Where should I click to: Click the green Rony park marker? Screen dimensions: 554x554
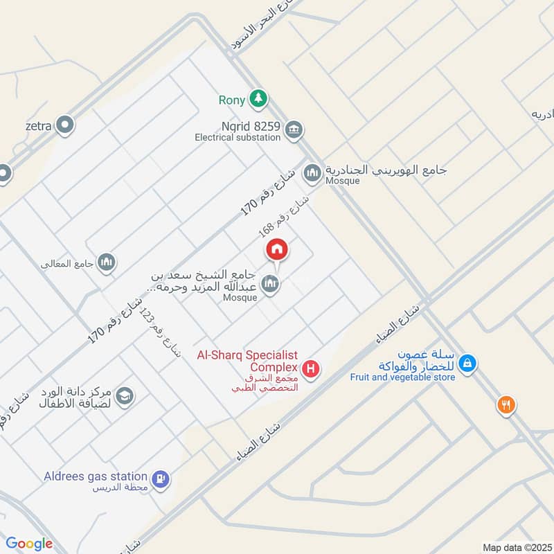click(x=258, y=98)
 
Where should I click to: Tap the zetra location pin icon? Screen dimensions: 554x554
click(x=66, y=125)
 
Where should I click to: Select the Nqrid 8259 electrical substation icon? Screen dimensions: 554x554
click(x=294, y=129)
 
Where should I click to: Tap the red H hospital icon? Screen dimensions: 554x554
click(x=312, y=368)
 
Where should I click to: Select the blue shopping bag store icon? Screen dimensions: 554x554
click(x=467, y=363)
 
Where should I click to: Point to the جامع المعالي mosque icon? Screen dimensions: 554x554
click(x=106, y=262)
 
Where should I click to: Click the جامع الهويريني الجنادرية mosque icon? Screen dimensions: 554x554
click(x=313, y=172)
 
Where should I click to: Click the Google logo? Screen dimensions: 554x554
click(x=29, y=544)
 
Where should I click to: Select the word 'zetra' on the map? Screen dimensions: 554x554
click(x=39, y=126)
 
